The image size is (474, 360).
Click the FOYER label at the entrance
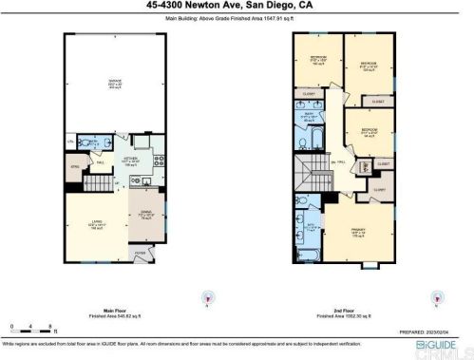(x=141, y=254)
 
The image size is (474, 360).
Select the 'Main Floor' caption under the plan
(x=116, y=311)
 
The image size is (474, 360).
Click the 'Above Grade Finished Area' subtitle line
(x=237, y=17)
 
